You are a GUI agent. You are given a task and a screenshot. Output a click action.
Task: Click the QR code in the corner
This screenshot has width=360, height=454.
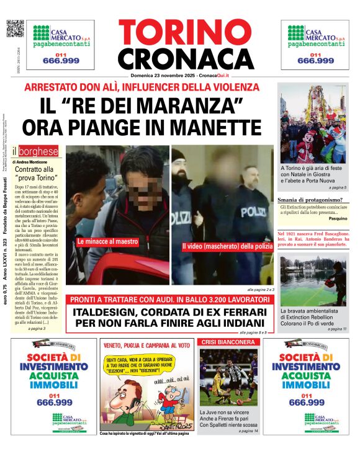(x=14, y=28)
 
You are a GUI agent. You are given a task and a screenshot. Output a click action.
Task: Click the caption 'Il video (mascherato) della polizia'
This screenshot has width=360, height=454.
(x=227, y=247)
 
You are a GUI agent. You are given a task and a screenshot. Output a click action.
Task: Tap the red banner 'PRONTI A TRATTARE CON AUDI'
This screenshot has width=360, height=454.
(x=170, y=300)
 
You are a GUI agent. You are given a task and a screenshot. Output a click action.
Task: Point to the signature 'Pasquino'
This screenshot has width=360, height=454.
(x=338, y=219)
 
